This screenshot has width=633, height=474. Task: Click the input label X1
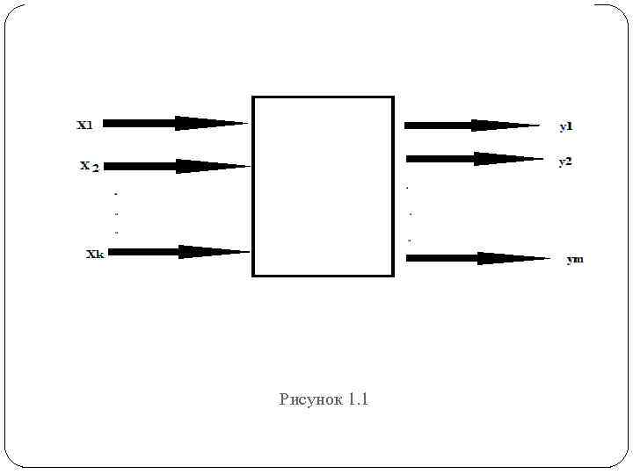pos(85,125)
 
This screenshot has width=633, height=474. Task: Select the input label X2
pos(89,166)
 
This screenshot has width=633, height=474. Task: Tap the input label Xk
pos(95,255)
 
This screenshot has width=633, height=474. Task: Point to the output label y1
pos(566,126)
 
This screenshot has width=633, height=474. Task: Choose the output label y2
pos(565,162)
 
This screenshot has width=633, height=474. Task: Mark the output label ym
pos(575,260)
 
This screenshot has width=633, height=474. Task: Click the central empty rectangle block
pos(323,186)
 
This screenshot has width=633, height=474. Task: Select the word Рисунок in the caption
pos(310,400)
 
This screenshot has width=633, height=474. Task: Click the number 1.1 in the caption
pos(359,400)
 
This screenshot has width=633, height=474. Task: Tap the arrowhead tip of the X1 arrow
pos(246,124)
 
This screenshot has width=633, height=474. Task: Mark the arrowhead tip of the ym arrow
pos(549,258)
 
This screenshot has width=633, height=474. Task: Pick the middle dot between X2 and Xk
pos(116,212)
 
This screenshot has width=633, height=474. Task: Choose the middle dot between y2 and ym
pos(411,213)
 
